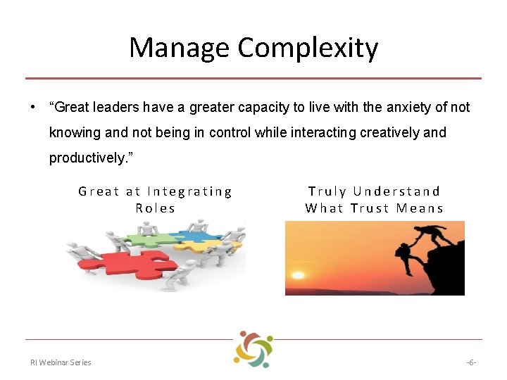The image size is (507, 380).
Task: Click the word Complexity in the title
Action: click(x=308, y=48)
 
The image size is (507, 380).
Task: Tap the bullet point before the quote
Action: click(x=32, y=108)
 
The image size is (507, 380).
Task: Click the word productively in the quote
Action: click(x=84, y=158)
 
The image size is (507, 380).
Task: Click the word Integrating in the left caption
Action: click(x=189, y=191)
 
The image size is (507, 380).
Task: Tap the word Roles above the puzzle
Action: click(x=156, y=208)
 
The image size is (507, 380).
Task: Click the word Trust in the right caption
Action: click(x=370, y=208)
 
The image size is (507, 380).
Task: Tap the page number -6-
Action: click(x=471, y=362)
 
